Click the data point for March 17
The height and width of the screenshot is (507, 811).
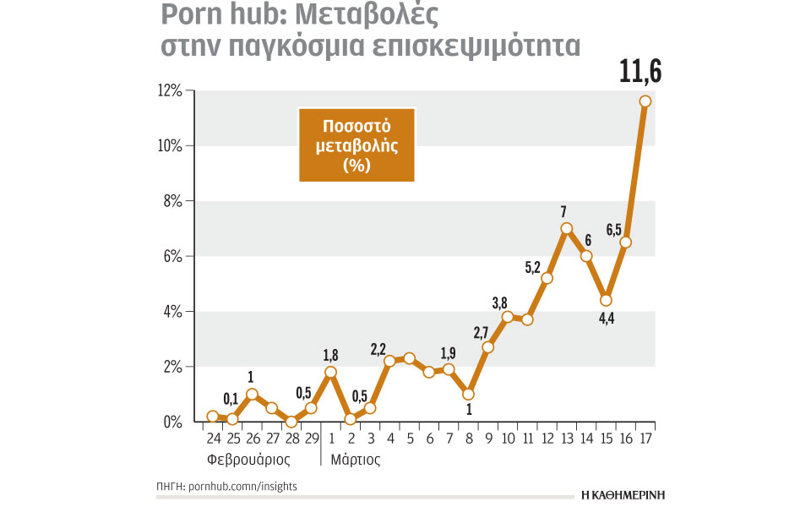[x=645, y=101]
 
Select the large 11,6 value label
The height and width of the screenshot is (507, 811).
[x=640, y=72]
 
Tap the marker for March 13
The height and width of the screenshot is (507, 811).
[x=566, y=228]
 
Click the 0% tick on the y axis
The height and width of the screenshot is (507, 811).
[x=172, y=422]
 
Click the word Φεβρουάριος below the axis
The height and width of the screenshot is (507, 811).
[x=248, y=461]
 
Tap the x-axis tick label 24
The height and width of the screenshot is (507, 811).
[x=213, y=439]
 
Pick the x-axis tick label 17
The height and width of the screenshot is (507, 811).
[x=646, y=439]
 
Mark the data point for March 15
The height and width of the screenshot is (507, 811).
[x=606, y=300]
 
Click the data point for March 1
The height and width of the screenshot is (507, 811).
[x=330, y=372]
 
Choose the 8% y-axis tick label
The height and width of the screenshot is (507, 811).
[x=171, y=201]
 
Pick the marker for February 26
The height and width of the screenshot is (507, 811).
[x=252, y=395]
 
